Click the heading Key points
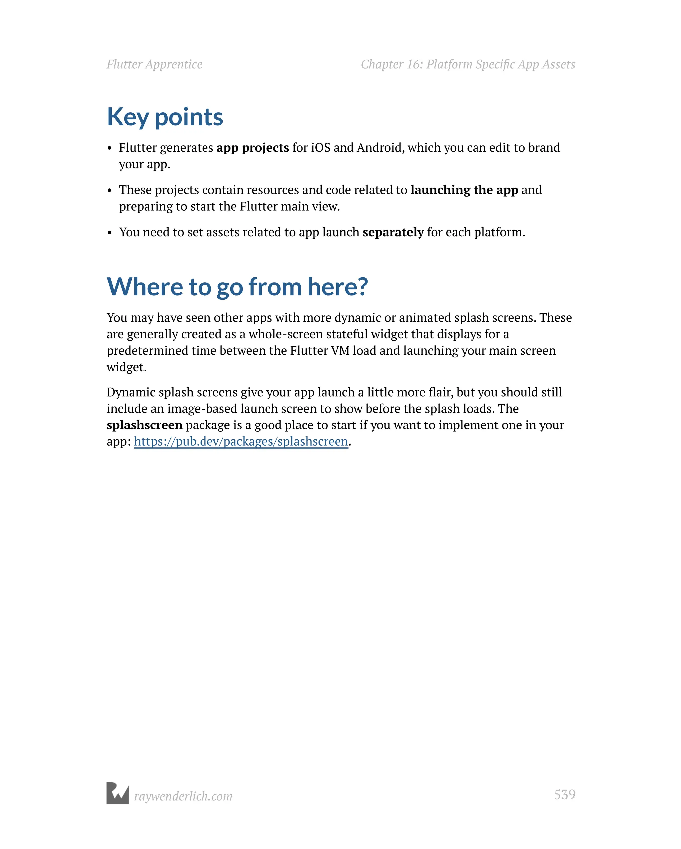[x=165, y=117]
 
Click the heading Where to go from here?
[x=237, y=287]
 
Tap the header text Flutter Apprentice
[x=154, y=64]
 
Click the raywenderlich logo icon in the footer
[x=118, y=793]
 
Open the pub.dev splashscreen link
[x=241, y=441]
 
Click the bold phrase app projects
[x=252, y=148]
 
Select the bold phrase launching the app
[x=464, y=190]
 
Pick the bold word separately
[x=393, y=232]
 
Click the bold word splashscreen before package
[x=144, y=425]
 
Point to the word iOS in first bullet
[x=321, y=148]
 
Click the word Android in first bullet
[x=380, y=148]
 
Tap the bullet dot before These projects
[x=110, y=191]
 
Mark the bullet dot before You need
[x=110, y=233]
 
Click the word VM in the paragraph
[x=340, y=350]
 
